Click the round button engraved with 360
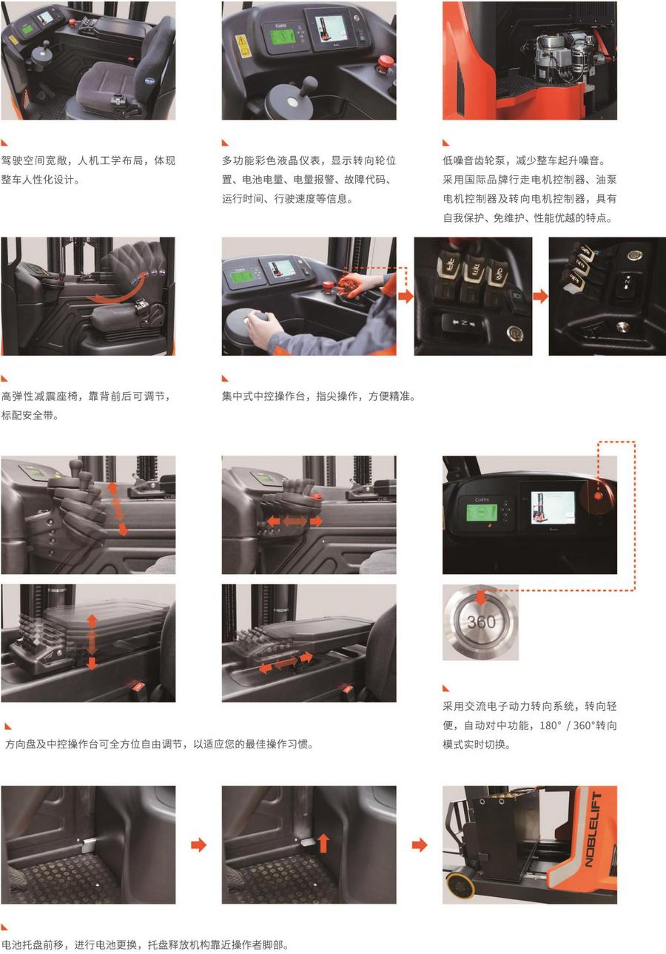coord(481,622)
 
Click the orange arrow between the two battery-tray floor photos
coord(198,845)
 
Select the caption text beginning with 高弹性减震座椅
coord(86,396)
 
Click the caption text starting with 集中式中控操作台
coord(318,396)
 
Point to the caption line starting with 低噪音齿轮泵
coord(528,160)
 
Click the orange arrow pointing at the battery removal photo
coord(420,845)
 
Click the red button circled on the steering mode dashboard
coord(598,495)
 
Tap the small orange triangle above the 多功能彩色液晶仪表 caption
coord(225,143)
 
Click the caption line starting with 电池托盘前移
coord(144,944)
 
